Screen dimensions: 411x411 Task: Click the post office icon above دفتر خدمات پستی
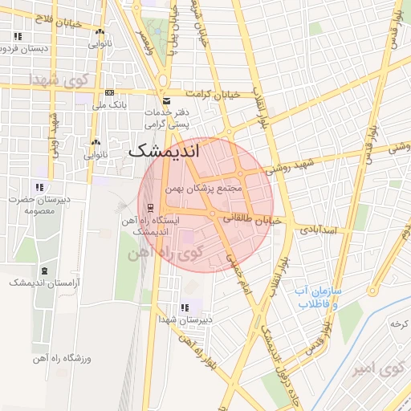click(166, 101)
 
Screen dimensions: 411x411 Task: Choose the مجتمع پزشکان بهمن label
click(203, 189)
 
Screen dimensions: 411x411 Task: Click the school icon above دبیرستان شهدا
click(185, 307)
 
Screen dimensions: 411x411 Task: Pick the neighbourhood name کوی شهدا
click(53, 80)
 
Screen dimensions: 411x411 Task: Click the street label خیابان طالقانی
click(256, 218)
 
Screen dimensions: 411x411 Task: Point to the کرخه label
click(396, 324)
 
